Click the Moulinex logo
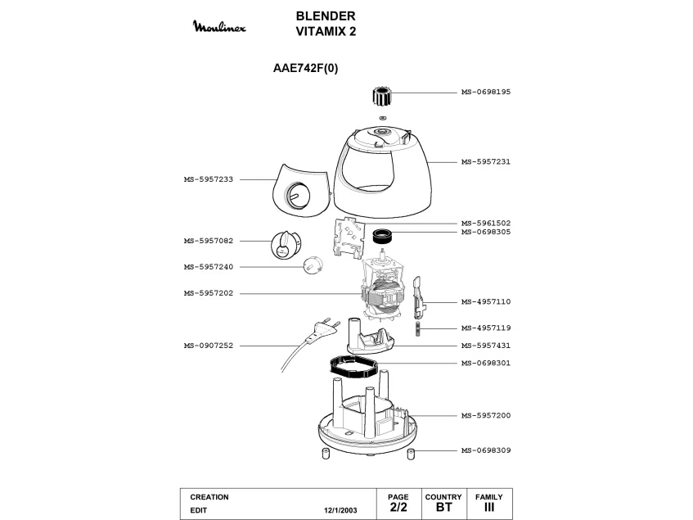coord(219,26)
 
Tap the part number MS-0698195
coord(486,92)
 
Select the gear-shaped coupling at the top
coord(380,96)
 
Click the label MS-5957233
coord(208,179)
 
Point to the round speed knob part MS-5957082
coord(286,245)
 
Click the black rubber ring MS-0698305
coord(383,236)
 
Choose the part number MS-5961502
coord(486,224)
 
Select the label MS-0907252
coord(208,346)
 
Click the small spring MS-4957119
coord(417,329)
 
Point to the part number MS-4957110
coord(486,302)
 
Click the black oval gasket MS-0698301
coord(354,368)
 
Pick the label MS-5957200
coord(486,416)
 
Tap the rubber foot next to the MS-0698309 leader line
coord(411,454)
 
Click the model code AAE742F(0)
coord(305,69)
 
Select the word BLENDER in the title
coord(326,16)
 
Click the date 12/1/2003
coord(340,510)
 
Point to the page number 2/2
coord(398,507)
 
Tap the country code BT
coord(443,507)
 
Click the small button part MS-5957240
coord(313,265)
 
